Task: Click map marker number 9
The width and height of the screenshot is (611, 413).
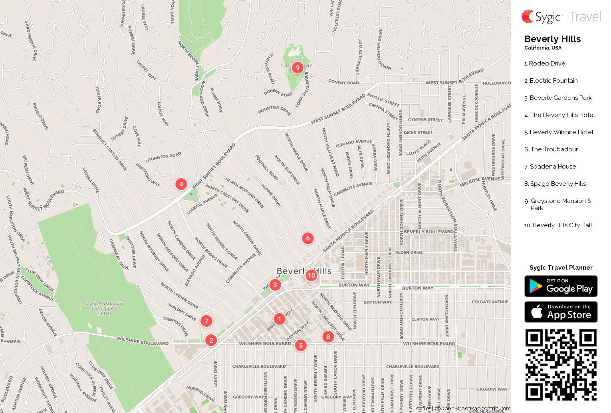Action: pos(298,68)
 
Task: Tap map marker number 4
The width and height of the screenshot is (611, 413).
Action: pos(181,184)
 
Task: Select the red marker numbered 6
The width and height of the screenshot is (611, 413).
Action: pos(307,238)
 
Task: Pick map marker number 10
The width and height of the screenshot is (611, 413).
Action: pos(311,275)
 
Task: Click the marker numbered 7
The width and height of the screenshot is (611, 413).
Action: pos(206,321)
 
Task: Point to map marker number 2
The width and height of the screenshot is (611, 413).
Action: pos(211,340)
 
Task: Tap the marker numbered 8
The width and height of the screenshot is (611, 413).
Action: pos(328,336)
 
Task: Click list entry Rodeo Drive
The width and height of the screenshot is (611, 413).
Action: pos(547,64)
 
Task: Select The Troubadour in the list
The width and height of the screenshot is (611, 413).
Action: pos(554,149)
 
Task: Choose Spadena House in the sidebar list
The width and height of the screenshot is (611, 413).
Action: pos(553,167)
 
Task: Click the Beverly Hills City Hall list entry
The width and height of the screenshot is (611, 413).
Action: pos(562,225)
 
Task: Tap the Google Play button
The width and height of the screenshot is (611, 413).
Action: pos(561,286)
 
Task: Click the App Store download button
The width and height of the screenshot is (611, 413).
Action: pos(561,312)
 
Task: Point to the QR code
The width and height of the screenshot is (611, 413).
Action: pos(561,365)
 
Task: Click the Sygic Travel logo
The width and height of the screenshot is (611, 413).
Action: pos(561,17)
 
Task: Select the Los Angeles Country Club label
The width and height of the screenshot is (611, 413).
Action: pos(104,308)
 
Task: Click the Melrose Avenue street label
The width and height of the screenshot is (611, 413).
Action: pos(480,182)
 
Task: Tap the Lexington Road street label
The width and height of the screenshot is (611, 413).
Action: pos(163,157)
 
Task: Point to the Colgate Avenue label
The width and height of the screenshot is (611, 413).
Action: pos(490,302)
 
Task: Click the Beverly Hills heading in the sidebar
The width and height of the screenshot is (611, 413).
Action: pos(552,39)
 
